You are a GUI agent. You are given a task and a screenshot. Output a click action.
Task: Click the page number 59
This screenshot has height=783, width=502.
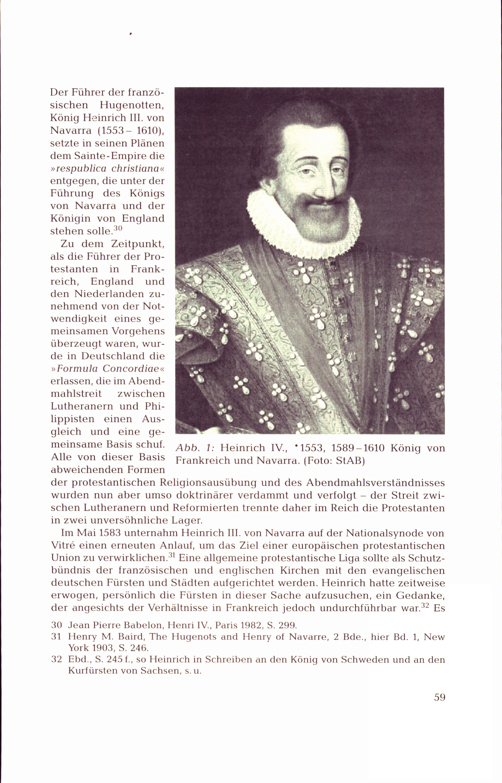click(x=440, y=697)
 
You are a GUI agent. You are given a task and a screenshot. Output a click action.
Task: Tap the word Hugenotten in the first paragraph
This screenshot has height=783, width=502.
click(x=131, y=105)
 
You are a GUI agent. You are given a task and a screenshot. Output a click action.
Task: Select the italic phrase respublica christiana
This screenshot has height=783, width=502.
click(x=108, y=168)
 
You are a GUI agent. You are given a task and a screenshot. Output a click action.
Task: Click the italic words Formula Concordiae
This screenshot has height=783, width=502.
click(x=108, y=368)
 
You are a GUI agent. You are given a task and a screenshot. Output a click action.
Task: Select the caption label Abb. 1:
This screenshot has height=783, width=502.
click(x=195, y=448)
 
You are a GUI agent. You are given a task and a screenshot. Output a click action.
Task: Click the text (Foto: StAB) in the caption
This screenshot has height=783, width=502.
click(x=334, y=461)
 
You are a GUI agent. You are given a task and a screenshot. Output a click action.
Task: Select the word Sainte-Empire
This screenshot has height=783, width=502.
click(x=110, y=156)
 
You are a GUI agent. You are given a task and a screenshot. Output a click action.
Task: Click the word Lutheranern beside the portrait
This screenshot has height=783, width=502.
click(x=82, y=406)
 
